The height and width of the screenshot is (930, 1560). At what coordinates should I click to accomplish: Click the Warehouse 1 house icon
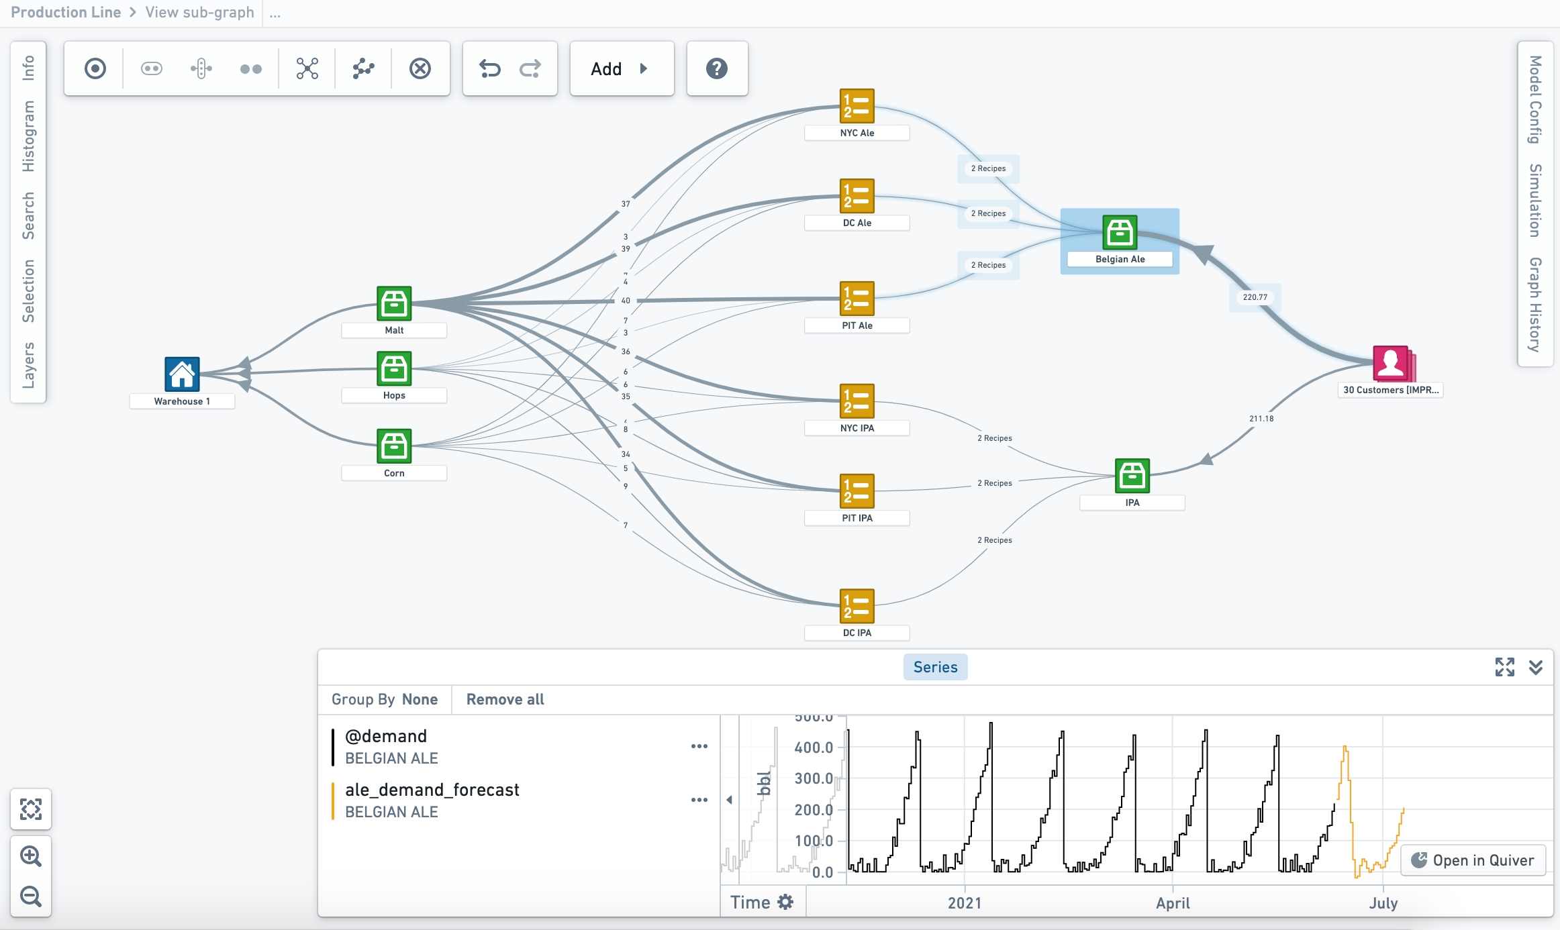[182, 374]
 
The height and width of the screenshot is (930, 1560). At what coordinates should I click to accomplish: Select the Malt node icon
[394, 303]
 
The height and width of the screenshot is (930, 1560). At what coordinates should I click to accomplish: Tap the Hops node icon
[394, 368]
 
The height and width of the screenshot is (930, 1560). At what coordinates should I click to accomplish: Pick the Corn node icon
[394, 446]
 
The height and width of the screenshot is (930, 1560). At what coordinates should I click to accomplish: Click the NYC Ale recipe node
[857, 106]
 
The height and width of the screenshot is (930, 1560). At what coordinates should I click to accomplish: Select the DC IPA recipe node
[857, 606]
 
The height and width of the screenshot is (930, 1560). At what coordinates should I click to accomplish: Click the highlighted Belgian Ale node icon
[1120, 232]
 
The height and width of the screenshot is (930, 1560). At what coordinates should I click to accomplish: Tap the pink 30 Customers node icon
[1391, 363]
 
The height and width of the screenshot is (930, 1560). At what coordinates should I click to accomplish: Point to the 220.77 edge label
[1255, 297]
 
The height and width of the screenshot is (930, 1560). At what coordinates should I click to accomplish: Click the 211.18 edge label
[1261, 419]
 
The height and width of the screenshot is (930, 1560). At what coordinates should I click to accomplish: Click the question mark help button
[717, 68]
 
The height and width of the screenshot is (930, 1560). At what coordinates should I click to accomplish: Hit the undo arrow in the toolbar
[490, 68]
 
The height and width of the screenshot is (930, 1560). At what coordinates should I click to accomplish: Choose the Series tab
[935, 667]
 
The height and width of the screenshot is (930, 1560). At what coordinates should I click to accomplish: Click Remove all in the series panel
[505, 699]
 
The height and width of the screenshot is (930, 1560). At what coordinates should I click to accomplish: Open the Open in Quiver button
[1473, 860]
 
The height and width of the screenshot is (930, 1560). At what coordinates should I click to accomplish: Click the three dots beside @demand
[699, 746]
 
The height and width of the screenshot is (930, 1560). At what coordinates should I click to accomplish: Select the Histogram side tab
[28, 136]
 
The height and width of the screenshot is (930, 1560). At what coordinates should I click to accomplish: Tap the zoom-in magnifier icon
[31, 856]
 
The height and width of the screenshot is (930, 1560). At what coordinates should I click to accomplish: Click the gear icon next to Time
[785, 902]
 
